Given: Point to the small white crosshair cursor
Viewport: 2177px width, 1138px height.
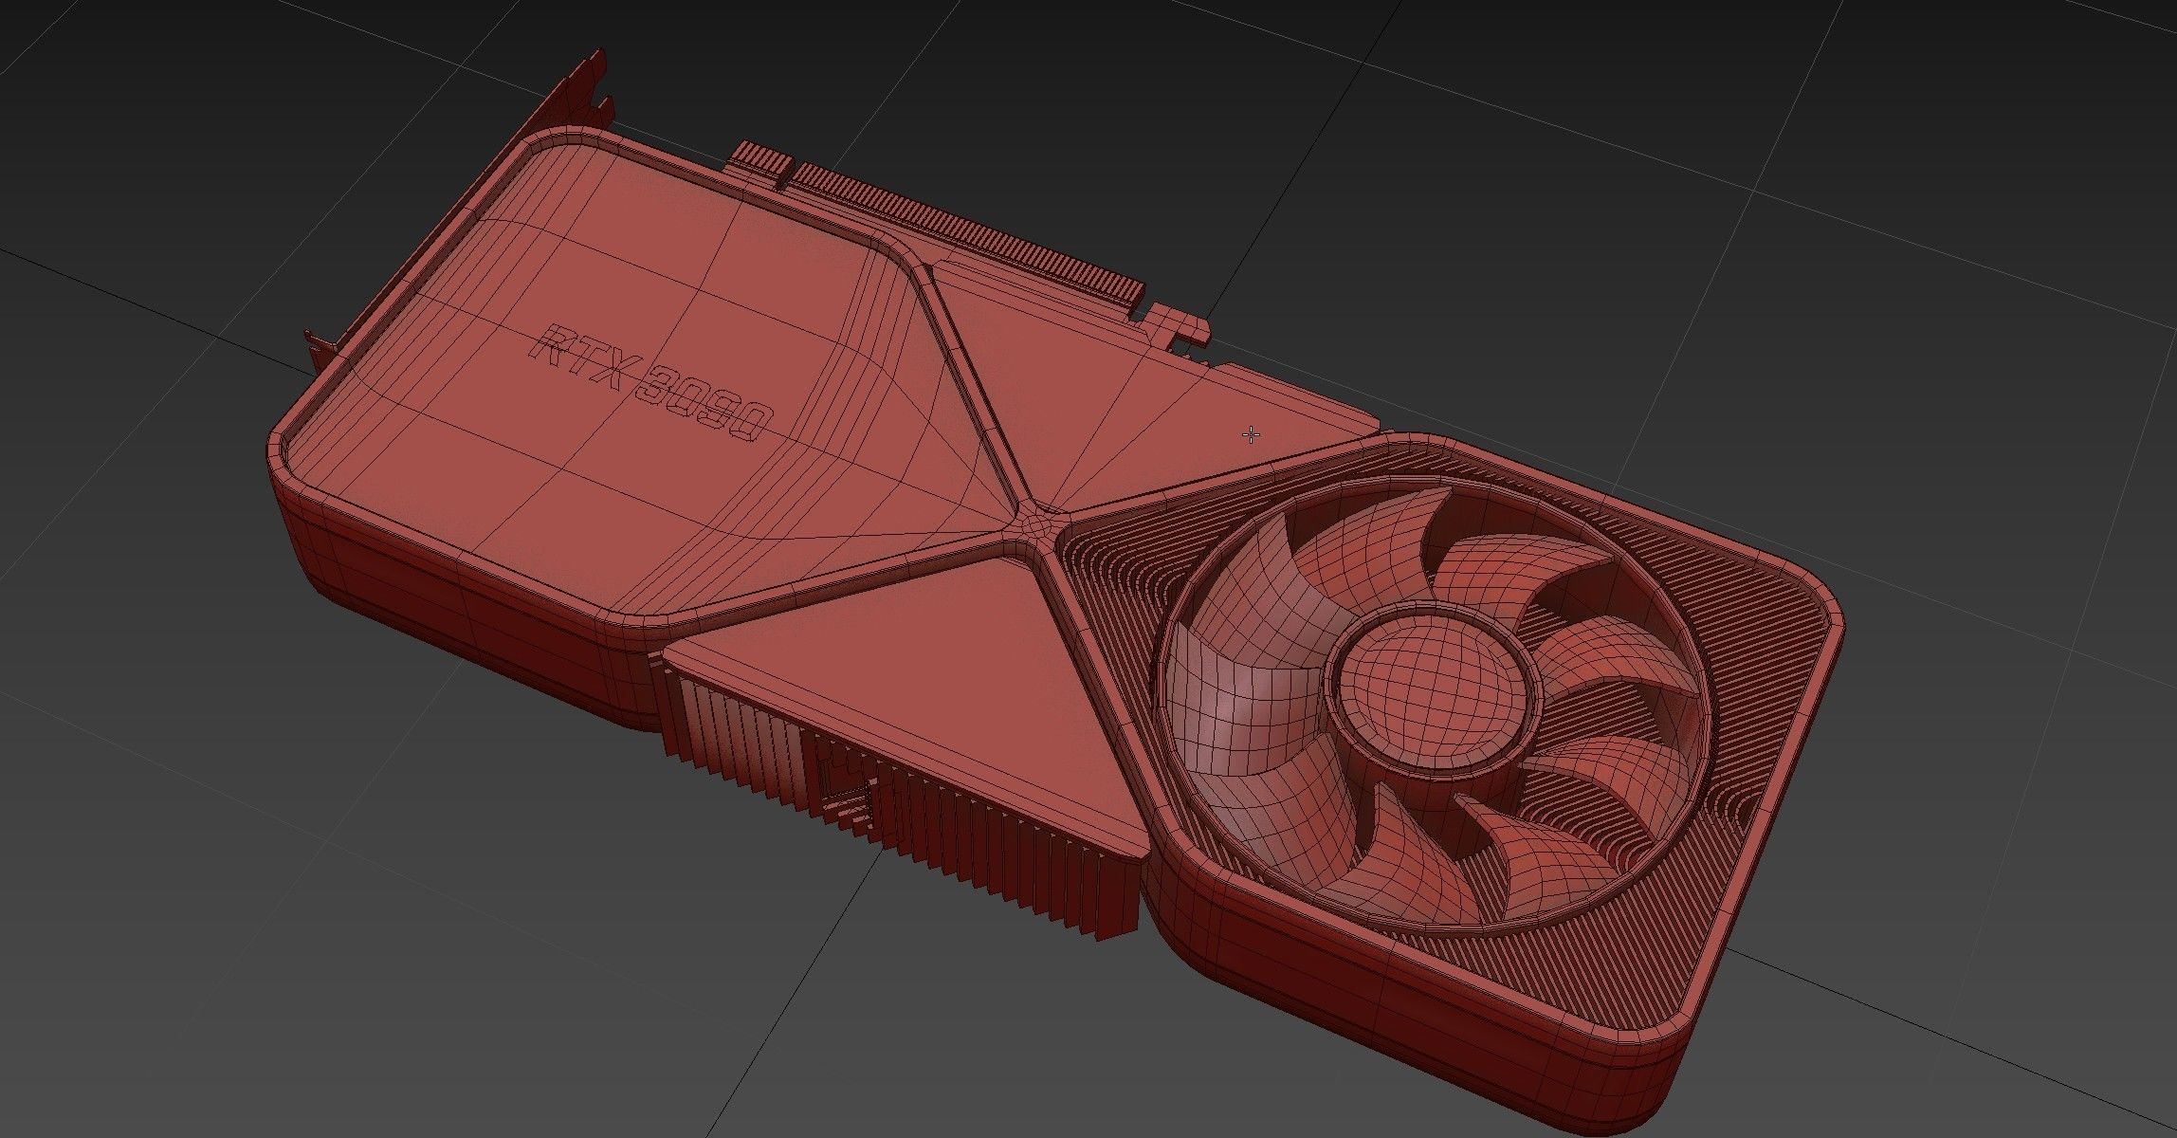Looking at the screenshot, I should tap(1252, 435).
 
